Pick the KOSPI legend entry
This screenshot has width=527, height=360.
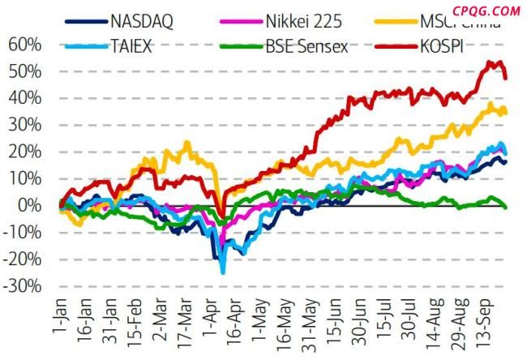450,46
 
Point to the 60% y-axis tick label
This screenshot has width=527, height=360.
24,45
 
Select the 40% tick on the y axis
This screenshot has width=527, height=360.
24,98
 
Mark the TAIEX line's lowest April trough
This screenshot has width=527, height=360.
222,272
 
